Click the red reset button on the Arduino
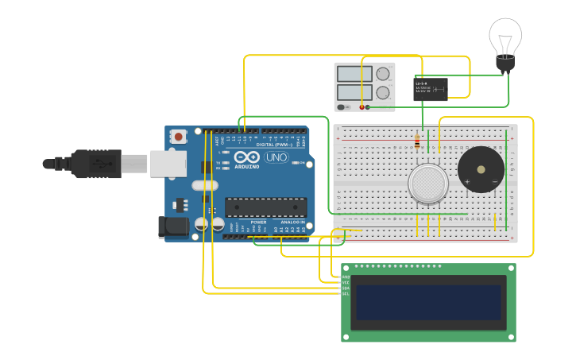pyautogui.click(x=179, y=137)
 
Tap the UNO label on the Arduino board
pyautogui.click(x=276, y=157)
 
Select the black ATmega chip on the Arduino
pyautogui.click(x=265, y=207)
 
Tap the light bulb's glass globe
pyautogui.click(x=505, y=36)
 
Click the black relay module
pyautogui.click(x=431, y=88)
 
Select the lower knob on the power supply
pyautogui.click(x=383, y=92)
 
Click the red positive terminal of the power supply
pyautogui.click(x=361, y=106)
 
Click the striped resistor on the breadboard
pyautogui.click(x=418, y=141)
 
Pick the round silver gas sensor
pyautogui.click(x=428, y=184)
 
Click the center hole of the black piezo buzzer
pyautogui.click(x=481, y=169)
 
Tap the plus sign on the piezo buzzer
pyautogui.click(x=467, y=182)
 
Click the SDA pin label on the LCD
pyautogui.click(x=346, y=288)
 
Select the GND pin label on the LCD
pyautogui.click(x=346, y=277)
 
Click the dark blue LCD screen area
pyautogui.click(x=428, y=302)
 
